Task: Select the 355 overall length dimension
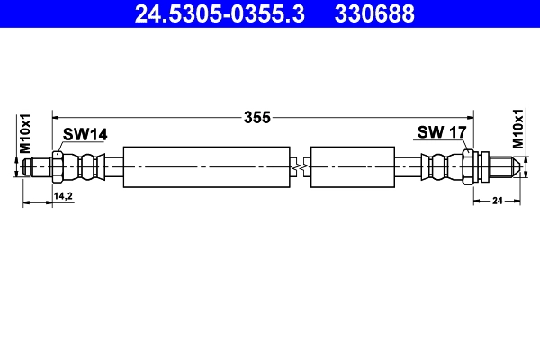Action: click(x=257, y=116)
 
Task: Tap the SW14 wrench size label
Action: click(x=85, y=134)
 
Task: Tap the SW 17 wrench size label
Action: click(x=441, y=133)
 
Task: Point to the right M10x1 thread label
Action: click(x=517, y=128)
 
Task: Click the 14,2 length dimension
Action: click(x=63, y=195)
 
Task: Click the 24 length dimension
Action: click(x=496, y=203)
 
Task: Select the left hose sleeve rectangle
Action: click(x=207, y=167)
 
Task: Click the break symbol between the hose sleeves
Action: click(x=301, y=167)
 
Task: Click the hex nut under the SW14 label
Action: click(x=58, y=167)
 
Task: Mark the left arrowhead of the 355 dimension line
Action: click(x=57, y=116)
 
